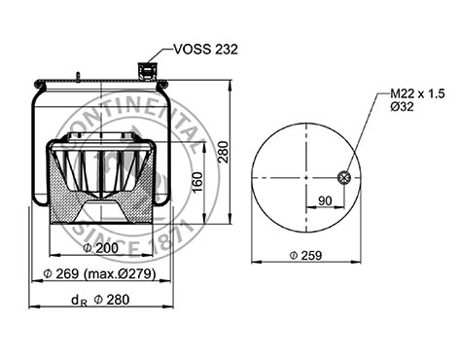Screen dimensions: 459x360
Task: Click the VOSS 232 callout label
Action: click(206, 50)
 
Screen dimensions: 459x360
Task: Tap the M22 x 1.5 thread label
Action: click(417, 93)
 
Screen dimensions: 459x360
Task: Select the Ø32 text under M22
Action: click(402, 106)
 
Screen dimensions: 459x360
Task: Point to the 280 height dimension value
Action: click(223, 152)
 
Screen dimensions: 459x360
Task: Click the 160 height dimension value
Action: click(197, 183)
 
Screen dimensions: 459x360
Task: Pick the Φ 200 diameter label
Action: click(101, 248)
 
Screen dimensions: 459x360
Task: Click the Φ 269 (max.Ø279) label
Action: click(99, 274)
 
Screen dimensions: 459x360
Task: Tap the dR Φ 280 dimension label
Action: click(100, 300)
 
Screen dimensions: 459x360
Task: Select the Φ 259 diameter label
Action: click(305, 255)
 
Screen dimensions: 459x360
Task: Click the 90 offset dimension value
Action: click(325, 200)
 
